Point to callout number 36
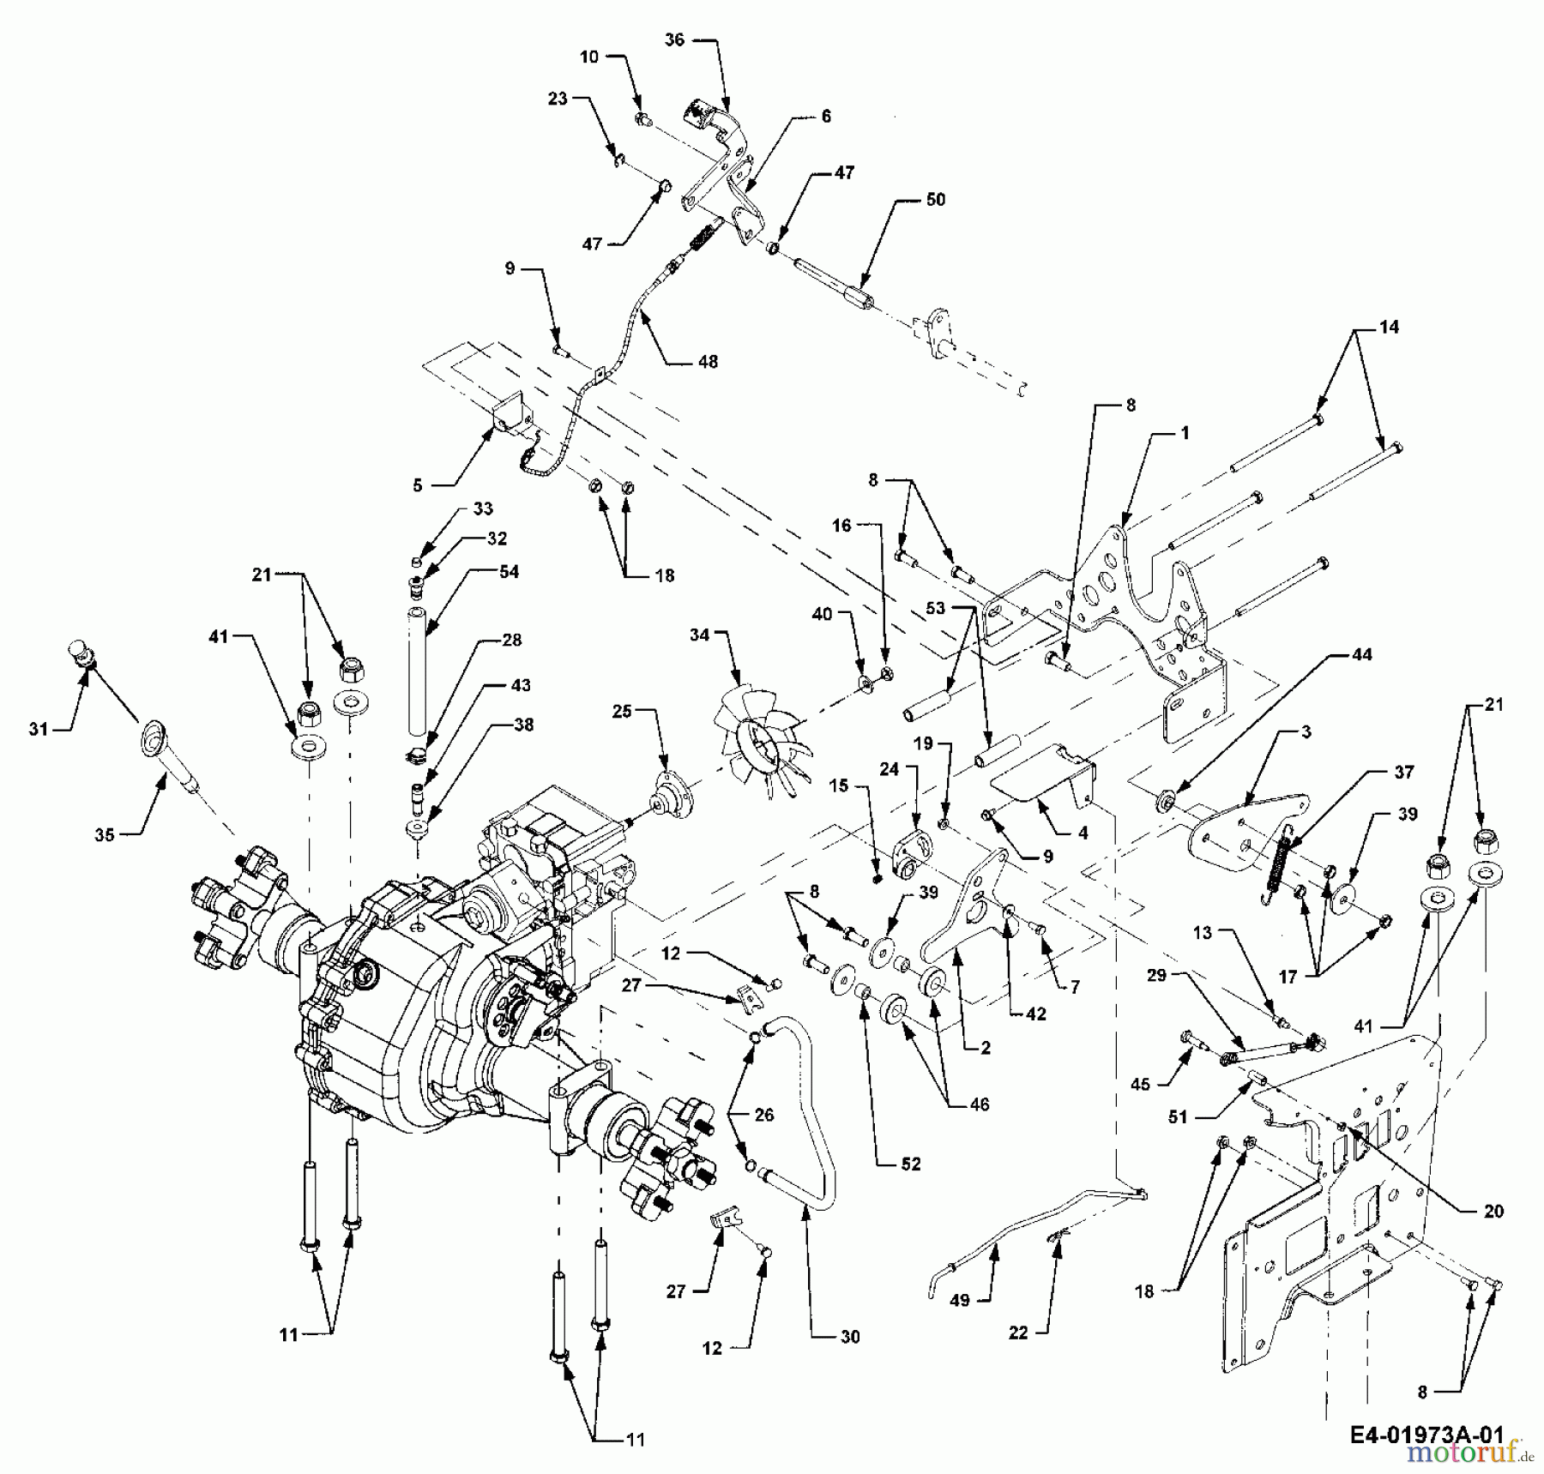coord(675,39)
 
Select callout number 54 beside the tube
coord(510,572)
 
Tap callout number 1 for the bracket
coord(1185,434)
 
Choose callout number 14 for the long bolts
coord(1389,327)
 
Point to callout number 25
coord(622,712)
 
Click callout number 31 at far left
coord(37,729)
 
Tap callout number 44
coord(1362,654)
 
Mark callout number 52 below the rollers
coord(911,1164)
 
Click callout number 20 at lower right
coord(1493,1212)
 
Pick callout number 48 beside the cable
coord(708,362)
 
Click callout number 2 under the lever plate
coord(986,1048)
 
